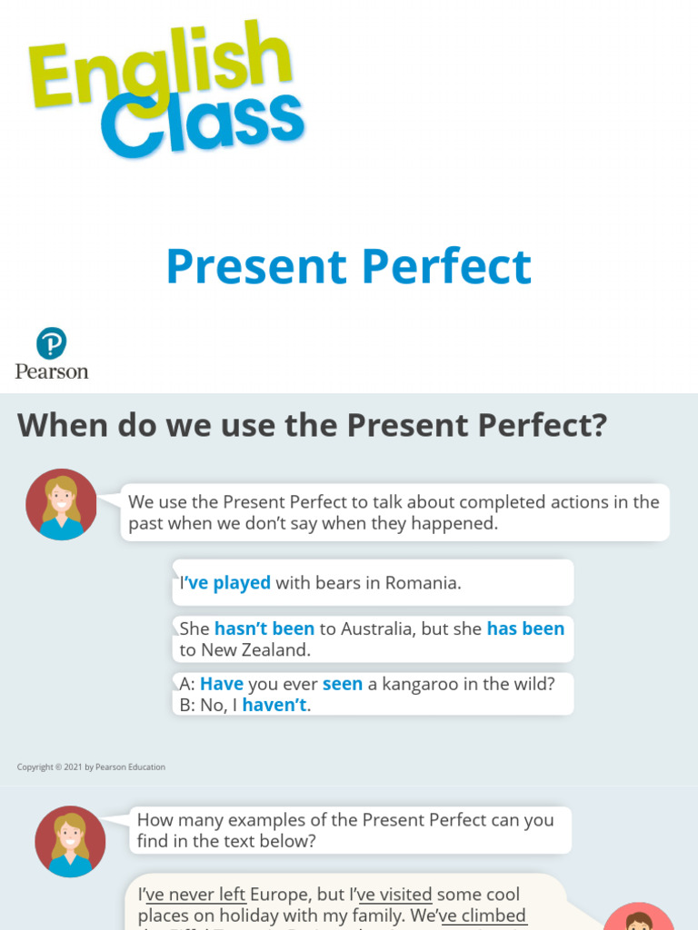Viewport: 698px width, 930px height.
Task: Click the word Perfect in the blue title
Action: (445, 267)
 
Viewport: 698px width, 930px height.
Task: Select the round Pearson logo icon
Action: (52, 344)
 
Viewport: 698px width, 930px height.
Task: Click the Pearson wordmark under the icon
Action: (52, 371)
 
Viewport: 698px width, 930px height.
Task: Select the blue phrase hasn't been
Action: (264, 628)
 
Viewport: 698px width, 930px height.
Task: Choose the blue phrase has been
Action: (525, 628)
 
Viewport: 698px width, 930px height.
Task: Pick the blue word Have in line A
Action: (222, 684)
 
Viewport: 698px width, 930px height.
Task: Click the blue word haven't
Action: (274, 705)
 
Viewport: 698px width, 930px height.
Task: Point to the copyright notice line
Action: (91, 767)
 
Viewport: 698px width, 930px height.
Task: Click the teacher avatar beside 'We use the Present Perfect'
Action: (62, 505)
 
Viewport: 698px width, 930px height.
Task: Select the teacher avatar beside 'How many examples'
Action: (70, 841)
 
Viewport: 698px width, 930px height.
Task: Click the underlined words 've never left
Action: (196, 895)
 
